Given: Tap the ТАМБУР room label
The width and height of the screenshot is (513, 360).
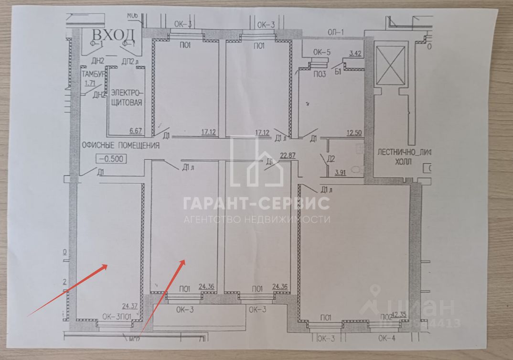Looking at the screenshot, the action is click(x=93, y=74).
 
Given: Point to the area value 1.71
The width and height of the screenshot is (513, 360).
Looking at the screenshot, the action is click(x=89, y=83).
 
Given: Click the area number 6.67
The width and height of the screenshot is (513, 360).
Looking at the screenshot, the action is click(x=137, y=131).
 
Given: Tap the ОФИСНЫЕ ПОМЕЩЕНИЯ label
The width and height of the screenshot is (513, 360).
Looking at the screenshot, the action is click(x=120, y=146).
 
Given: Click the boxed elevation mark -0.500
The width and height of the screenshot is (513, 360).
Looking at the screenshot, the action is click(x=111, y=159).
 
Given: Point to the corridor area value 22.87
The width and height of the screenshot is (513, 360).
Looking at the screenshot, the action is click(x=287, y=154).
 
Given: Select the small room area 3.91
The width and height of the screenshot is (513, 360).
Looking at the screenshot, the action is click(x=341, y=173).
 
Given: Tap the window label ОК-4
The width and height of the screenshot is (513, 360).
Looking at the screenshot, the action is click(x=386, y=338).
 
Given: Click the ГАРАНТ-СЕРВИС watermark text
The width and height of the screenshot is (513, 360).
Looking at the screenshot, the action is click(x=256, y=203).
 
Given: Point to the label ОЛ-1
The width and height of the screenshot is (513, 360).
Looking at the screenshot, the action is click(x=336, y=33).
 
